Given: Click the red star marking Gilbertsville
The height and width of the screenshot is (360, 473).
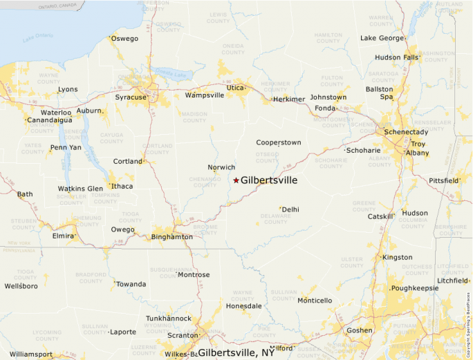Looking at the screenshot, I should coord(236,180).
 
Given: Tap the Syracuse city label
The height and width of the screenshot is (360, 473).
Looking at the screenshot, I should coord(131,97).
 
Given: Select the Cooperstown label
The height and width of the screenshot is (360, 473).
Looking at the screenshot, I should coord(279,142).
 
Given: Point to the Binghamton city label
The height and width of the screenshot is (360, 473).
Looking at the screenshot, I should coord(172,237).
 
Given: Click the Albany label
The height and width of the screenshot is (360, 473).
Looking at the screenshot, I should coord(418,153).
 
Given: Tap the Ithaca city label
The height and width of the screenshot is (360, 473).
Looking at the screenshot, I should coord(122,186).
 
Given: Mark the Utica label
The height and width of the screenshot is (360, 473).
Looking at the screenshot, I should coord(236,88).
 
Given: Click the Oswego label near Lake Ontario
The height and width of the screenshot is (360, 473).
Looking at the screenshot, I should coord(124,39).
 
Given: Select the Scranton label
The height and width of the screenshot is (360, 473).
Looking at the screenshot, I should coord(183,335).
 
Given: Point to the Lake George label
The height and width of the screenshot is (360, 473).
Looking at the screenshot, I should coord(382,38).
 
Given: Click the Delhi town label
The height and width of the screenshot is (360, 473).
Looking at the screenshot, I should coord(290,209).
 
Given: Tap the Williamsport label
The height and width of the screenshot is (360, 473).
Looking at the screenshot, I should coord(30,354).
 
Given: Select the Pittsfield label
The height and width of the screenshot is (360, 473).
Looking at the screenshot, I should coord(444,180).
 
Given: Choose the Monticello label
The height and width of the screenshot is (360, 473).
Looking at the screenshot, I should coord(315,301).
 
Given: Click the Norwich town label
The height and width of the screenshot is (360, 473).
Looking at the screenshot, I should coord(221,167).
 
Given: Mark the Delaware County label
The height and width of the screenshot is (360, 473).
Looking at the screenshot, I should coord(275,219).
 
